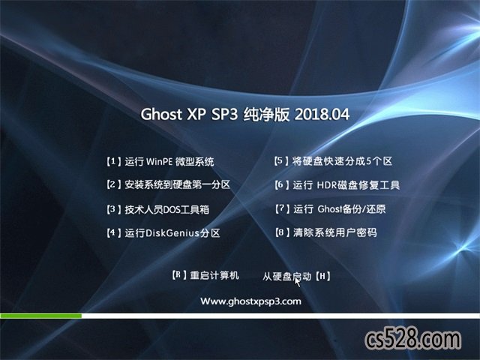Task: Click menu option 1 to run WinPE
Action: click(x=160, y=161)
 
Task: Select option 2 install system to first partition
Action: click(x=168, y=184)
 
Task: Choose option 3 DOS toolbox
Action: click(x=157, y=209)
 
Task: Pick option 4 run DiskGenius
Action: click(x=163, y=233)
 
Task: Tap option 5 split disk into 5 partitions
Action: click(x=333, y=161)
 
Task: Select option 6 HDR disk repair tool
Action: click(x=337, y=185)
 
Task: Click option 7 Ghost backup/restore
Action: click(x=330, y=208)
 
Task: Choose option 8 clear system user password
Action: click(x=326, y=232)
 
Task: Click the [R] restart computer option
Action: click(x=205, y=275)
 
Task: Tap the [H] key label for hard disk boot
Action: click(x=322, y=277)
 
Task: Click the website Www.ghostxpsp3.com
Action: click(x=250, y=301)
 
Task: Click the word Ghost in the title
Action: click(x=161, y=115)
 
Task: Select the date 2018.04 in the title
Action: click(x=322, y=115)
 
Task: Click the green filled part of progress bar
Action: click(x=41, y=316)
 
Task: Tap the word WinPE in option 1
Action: click(x=159, y=162)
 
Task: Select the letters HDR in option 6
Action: click(x=327, y=185)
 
